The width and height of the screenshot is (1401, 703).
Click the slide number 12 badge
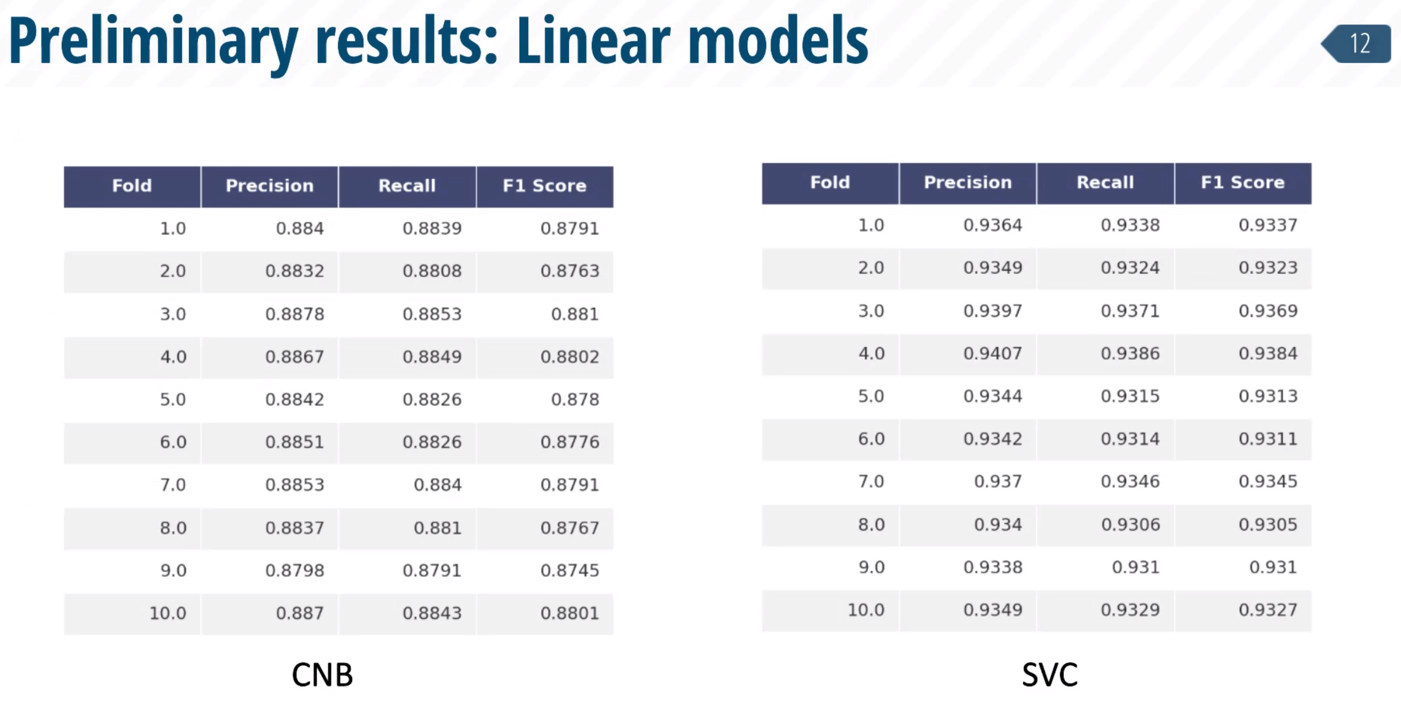1356,44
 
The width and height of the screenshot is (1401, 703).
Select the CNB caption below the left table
323,675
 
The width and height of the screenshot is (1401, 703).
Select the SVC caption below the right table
1050,675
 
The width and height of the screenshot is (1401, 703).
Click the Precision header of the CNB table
270,185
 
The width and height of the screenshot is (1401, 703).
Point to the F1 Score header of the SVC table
1243,182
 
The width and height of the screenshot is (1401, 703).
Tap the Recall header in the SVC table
1105,182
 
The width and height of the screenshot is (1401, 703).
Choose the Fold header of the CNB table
132,185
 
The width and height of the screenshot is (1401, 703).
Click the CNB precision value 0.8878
295,314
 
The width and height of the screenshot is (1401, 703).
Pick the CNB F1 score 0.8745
570,570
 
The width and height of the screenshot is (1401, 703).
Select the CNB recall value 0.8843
432,613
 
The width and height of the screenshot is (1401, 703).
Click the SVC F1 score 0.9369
1268,311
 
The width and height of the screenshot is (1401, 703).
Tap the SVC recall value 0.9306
1130,524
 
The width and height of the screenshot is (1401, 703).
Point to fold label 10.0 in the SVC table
866,610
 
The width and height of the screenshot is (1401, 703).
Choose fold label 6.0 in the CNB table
173,442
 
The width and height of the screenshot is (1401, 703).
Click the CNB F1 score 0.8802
570,357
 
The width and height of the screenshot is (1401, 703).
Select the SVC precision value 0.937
998,482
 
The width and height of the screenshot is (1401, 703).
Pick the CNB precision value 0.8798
295,570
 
